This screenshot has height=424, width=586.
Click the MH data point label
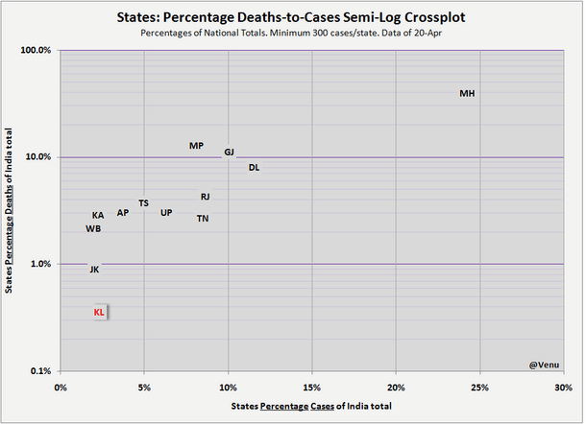tap(467, 94)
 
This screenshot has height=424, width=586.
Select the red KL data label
tap(99, 313)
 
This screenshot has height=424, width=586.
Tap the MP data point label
tap(196, 146)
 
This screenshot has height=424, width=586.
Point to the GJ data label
tap(229, 153)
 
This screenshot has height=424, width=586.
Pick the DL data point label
tap(254, 168)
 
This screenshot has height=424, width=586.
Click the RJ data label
tap(205, 197)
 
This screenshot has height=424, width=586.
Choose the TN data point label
tap(203, 219)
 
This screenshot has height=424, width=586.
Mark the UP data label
tap(166, 213)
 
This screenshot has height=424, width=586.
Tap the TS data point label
tap(143, 203)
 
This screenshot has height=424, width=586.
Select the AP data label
tap(122, 213)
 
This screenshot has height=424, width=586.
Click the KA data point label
tap(98, 216)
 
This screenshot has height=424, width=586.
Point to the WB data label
tap(93, 229)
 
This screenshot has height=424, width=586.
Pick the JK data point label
tap(93, 270)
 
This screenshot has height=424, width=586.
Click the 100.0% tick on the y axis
tap(36, 51)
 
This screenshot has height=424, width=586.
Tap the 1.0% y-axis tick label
tap(38, 265)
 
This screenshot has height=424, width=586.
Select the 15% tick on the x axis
tap(312, 388)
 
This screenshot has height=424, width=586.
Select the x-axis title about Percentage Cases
tap(312, 408)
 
